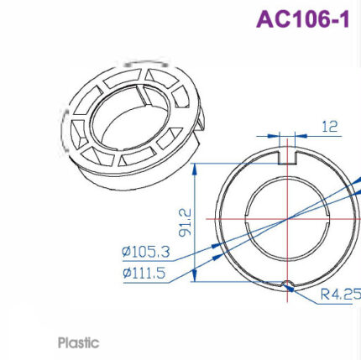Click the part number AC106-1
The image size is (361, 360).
pyautogui.click(x=301, y=19)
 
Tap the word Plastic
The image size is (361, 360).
pyautogui.click(x=78, y=342)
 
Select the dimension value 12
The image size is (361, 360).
pyautogui.click(x=330, y=126)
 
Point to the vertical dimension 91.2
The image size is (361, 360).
pyautogui.click(x=186, y=222)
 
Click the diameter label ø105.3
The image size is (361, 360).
pyautogui.click(x=146, y=251)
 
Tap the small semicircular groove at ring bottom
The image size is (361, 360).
pyautogui.click(x=287, y=284)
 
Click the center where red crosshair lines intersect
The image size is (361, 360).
pyautogui.click(x=287, y=219)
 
